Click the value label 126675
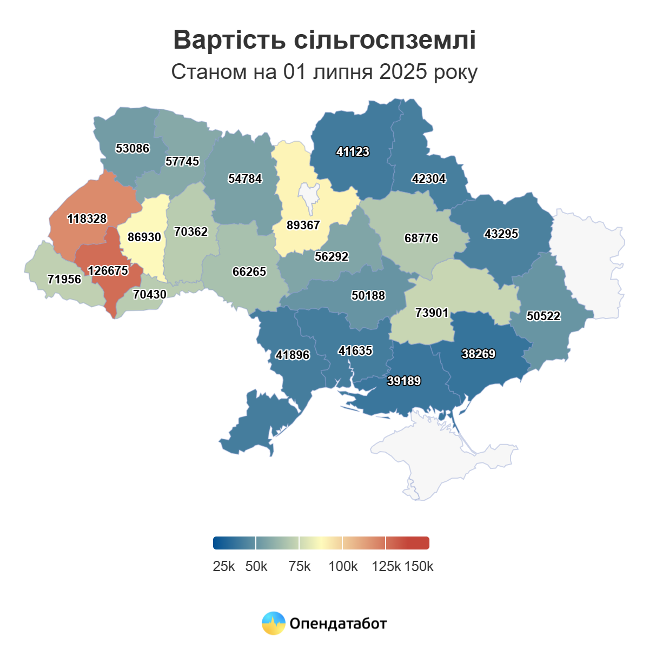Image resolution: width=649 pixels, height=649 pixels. click(x=108, y=270)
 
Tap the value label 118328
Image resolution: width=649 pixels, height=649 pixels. click(x=87, y=218)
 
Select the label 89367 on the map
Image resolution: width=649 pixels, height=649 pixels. click(x=303, y=225)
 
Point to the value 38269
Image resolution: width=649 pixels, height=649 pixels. click(x=479, y=354)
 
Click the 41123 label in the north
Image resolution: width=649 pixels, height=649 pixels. click(x=353, y=152)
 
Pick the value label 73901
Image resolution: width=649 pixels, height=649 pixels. click(x=432, y=313)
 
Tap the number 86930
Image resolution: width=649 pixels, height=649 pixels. click(x=144, y=237)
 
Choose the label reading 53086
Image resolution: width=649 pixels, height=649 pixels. click(x=133, y=148)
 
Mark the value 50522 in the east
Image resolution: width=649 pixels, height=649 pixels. click(x=544, y=316)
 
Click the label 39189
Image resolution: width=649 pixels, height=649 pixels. click(x=404, y=381)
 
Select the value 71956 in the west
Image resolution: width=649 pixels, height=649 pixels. click(x=64, y=279)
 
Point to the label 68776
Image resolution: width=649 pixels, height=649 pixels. click(x=421, y=238)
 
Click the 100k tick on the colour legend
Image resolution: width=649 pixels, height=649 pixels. click(x=343, y=566)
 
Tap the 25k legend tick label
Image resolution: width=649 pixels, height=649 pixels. click(x=224, y=566)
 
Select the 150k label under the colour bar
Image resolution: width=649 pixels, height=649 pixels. click(x=419, y=566)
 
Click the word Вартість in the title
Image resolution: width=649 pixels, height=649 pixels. click(x=229, y=40)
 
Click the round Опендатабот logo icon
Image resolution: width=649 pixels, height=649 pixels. click(x=274, y=623)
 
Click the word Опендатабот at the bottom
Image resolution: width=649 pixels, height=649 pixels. click(x=339, y=624)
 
